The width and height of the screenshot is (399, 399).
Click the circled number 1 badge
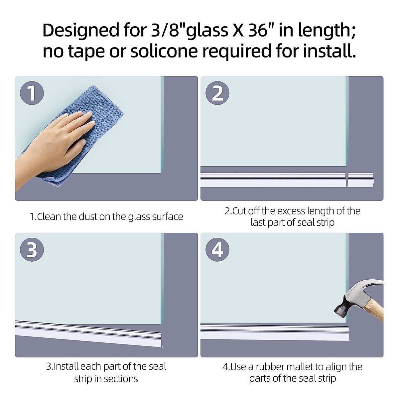[32, 93]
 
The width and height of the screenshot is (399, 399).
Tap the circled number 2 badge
[217, 93]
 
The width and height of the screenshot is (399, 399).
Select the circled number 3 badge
[32, 249]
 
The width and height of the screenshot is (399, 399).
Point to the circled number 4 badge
[217, 249]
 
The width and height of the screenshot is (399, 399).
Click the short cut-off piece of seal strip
[361, 180]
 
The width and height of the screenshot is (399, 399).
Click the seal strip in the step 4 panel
[273, 332]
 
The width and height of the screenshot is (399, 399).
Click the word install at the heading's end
[329, 51]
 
